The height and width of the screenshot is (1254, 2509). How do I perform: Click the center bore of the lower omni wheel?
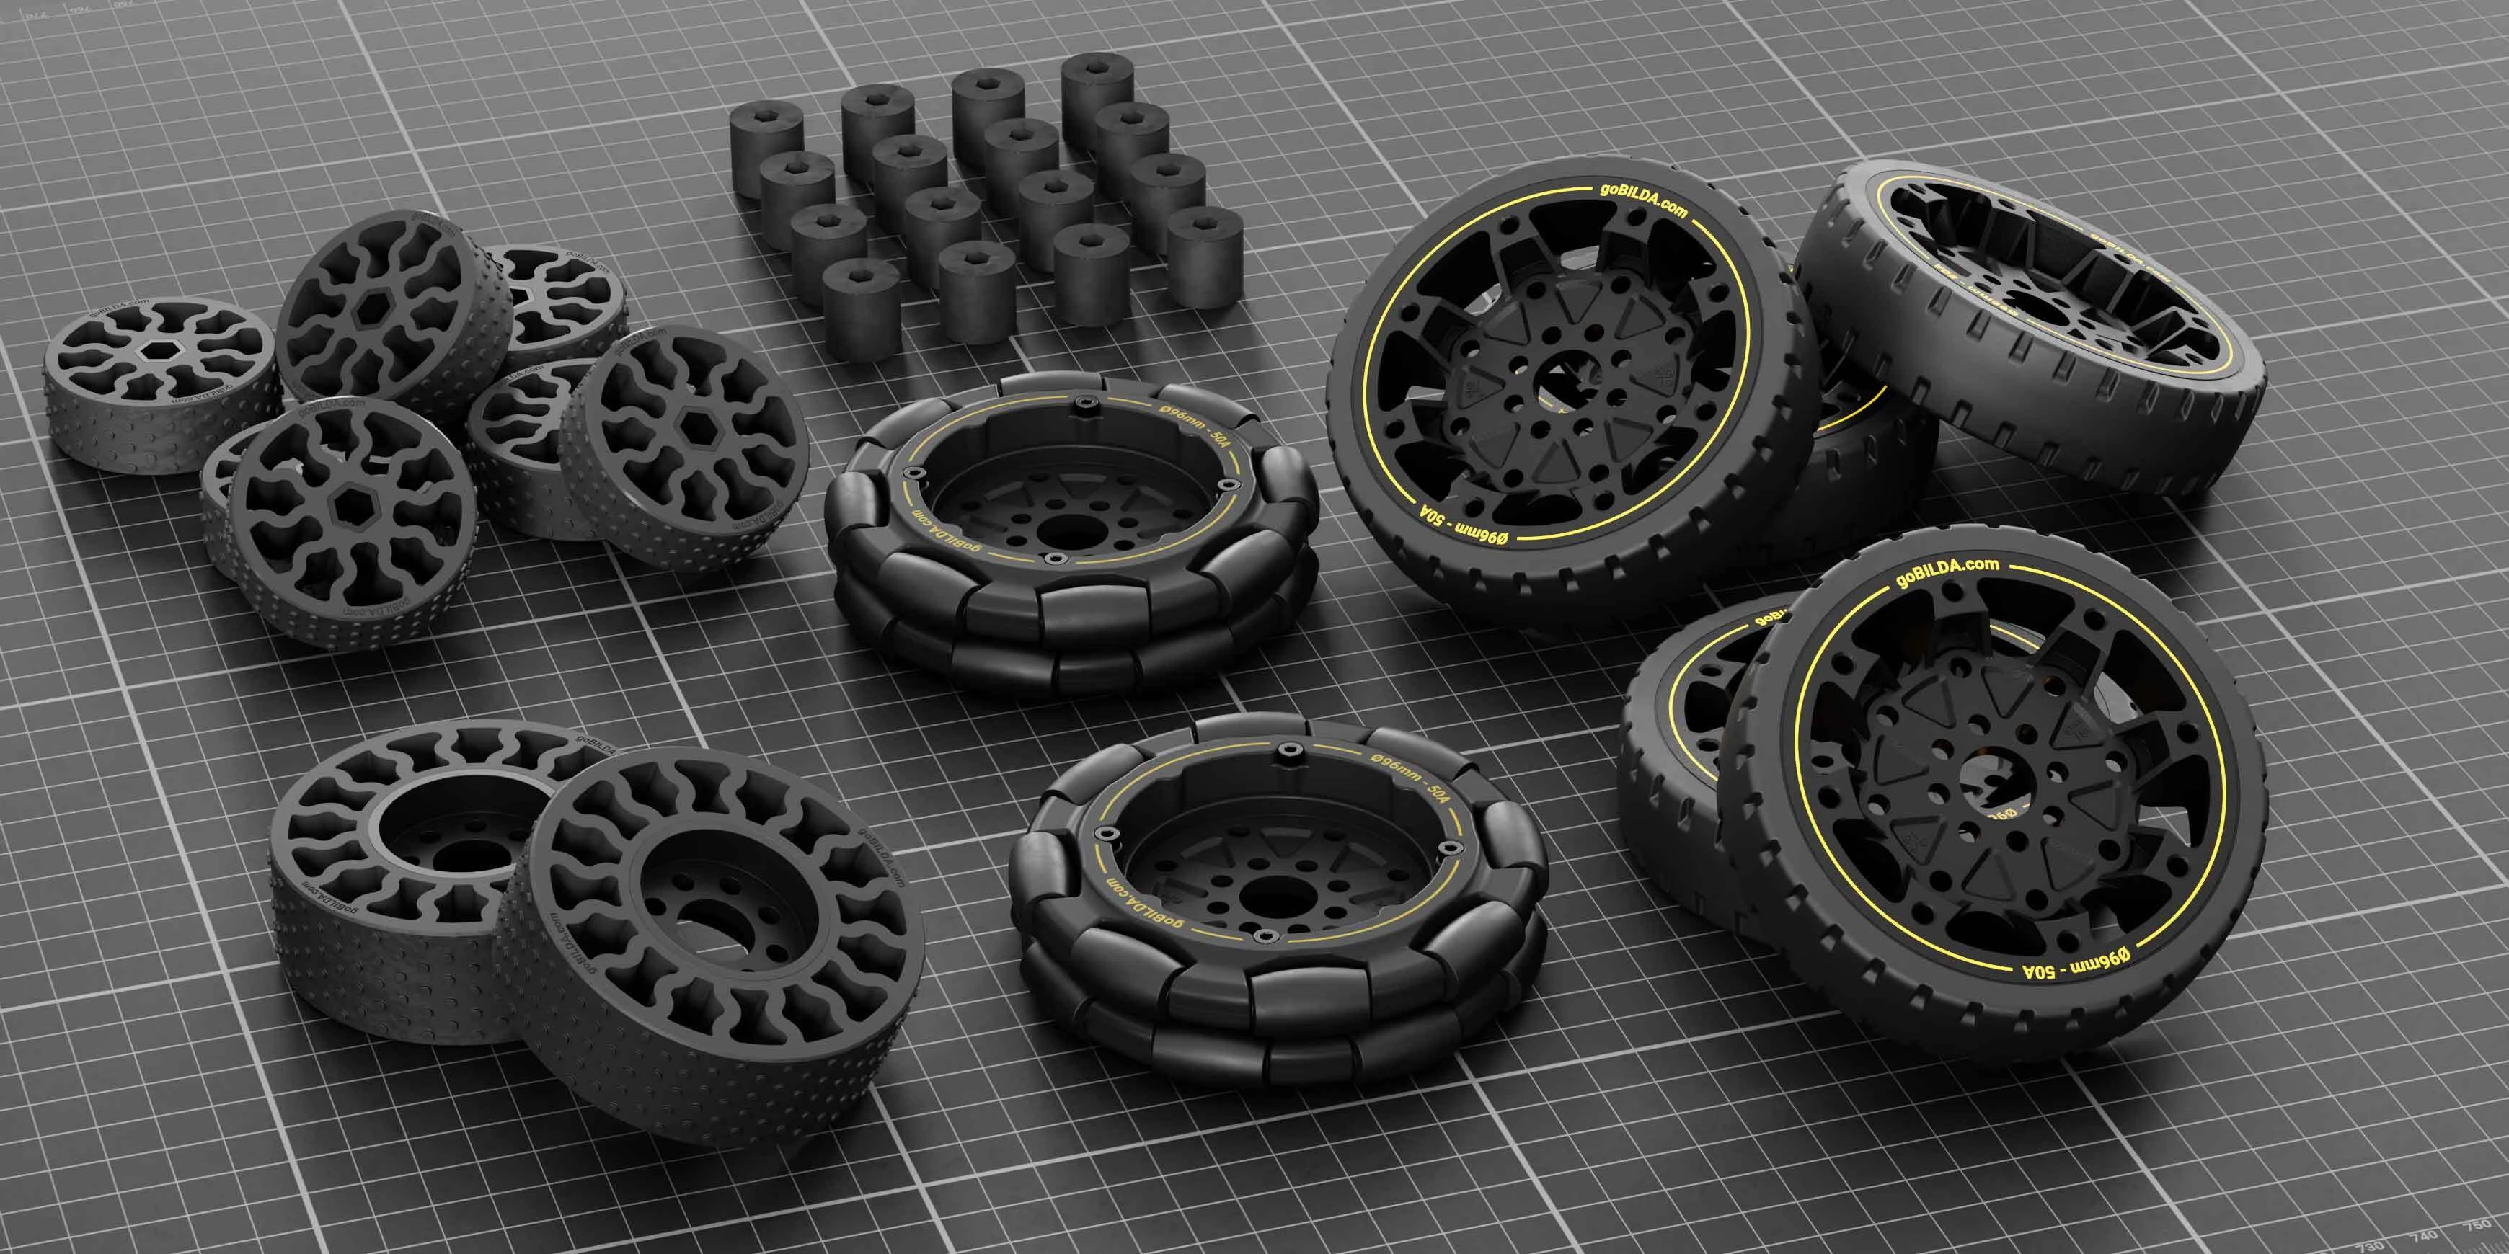click(1268, 889)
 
